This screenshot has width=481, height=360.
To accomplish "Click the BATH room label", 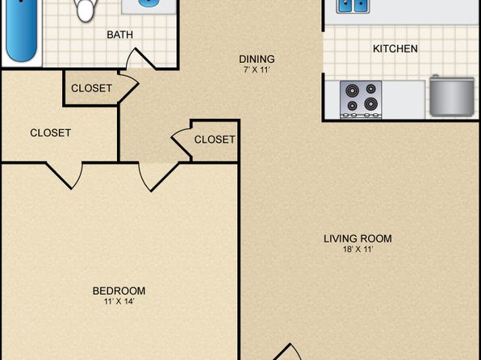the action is [x=119, y=35].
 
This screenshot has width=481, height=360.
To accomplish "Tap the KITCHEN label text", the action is [x=395, y=48].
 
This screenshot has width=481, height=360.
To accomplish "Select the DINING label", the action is [x=257, y=59].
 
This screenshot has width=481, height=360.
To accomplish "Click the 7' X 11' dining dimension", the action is [x=257, y=69].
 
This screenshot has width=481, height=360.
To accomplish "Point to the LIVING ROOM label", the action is [x=358, y=238].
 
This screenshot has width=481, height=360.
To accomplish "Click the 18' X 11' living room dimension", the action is [x=358, y=249].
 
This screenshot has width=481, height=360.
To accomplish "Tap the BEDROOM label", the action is [x=119, y=291].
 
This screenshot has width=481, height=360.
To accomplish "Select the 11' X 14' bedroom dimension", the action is [x=119, y=301].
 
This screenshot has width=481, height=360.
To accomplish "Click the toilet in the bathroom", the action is [x=86, y=9].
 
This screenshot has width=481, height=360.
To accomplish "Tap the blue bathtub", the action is [x=22, y=31].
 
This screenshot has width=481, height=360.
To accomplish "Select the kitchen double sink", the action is [x=353, y=6].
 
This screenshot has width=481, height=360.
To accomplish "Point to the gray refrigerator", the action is [x=452, y=96].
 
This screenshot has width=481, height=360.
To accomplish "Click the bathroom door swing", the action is [x=140, y=59].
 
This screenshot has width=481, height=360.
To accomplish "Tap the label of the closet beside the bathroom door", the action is [x=91, y=89].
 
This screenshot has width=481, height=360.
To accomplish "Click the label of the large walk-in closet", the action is [x=51, y=133].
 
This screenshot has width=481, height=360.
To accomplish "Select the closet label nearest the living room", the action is [x=215, y=140].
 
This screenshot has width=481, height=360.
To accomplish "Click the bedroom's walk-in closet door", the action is [x=65, y=175].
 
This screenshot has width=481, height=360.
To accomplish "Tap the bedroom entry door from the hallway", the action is [x=159, y=177].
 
